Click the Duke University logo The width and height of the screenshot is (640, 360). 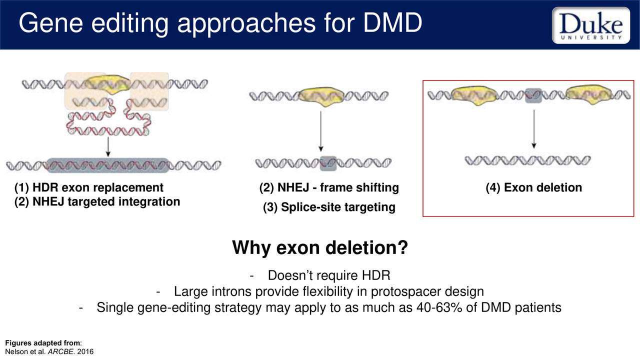[591, 25]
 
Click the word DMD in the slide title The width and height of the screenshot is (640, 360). [392, 23]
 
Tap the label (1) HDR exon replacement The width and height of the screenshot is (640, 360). [89, 187]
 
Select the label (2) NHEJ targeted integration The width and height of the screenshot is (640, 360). [97, 201]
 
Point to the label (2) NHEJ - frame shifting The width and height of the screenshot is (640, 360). [329, 187]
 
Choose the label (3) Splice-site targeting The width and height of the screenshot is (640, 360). [329, 207]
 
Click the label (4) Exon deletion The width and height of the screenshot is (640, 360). [533, 187]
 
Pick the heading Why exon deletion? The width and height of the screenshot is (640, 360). [320, 247]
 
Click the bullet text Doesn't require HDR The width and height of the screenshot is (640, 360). [329, 275]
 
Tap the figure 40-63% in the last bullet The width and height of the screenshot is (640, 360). [439, 307]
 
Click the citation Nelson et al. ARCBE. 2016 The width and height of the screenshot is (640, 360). [49, 351]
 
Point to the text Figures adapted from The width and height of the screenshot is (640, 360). [43, 343]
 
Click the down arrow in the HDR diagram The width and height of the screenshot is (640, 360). [108, 147]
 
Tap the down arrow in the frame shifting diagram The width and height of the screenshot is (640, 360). [321, 131]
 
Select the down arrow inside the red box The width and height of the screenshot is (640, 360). [533, 129]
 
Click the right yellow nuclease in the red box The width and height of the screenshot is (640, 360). [589, 94]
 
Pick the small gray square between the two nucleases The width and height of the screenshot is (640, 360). [533, 95]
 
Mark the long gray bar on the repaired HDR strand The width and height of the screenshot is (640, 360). [108, 165]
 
